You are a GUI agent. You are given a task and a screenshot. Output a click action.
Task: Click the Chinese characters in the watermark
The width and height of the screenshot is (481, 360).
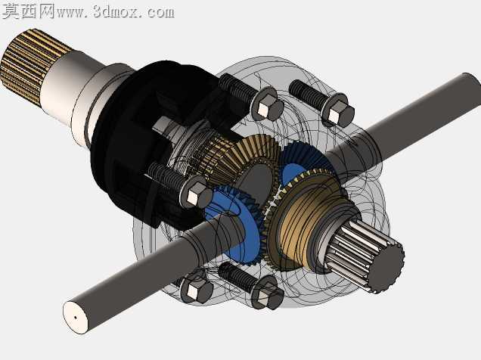[28, 11]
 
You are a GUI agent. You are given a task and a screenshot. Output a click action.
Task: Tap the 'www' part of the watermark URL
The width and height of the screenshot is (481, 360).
[72, 13]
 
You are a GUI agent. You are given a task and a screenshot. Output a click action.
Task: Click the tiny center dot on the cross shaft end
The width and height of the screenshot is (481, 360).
[76, 318]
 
